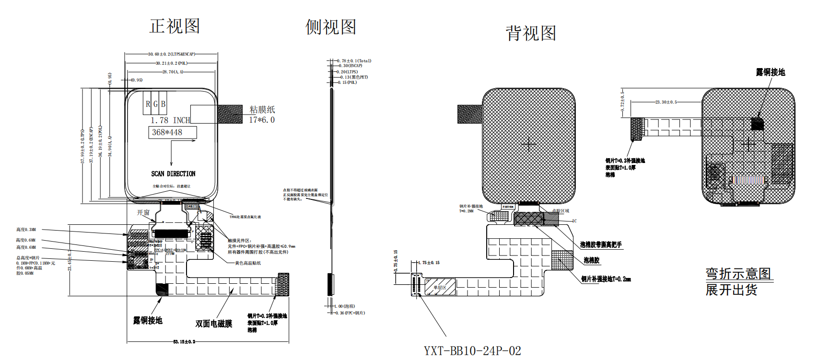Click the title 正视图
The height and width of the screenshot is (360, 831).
coord(175,26)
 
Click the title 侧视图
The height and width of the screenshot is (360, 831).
coord(331,27)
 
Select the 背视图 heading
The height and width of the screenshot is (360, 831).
coord(531,34)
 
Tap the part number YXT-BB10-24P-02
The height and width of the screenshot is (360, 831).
coord(472,351)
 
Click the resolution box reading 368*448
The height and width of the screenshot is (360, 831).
coord(167,132)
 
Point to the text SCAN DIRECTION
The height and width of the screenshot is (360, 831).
coord(173,174)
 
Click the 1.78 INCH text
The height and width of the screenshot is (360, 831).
coord(170,120)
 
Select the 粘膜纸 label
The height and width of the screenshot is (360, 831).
coord(262,110)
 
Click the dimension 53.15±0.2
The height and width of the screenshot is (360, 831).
coord(184,342)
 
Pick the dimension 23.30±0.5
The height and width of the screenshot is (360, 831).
coord(666,102)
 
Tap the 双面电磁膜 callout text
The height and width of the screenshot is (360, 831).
coord(214,324)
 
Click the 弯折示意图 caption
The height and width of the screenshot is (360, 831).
coord(738,274)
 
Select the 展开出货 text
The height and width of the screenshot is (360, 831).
coord(731,290)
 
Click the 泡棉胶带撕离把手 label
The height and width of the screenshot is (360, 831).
coord(601,244)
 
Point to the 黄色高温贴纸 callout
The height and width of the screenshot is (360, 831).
coord(248,263)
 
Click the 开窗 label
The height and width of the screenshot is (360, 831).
coord(143,212)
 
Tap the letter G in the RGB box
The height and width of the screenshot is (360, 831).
coord(155,104)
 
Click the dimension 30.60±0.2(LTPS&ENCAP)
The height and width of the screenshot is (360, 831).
coord(172,54)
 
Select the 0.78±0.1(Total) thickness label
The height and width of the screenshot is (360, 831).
coord(354,61)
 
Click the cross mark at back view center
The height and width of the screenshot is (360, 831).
coord(529,144)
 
